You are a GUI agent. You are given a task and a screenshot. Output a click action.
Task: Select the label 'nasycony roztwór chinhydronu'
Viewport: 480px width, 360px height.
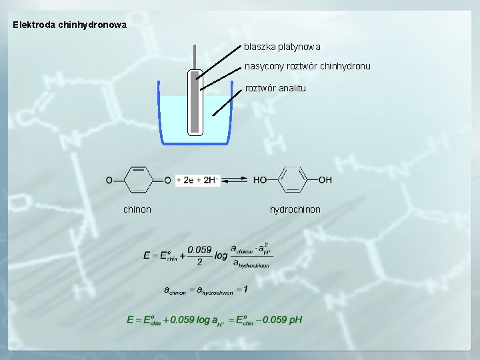(307, 66)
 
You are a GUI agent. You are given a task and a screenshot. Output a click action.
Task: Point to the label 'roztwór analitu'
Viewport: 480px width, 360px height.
(276, 88)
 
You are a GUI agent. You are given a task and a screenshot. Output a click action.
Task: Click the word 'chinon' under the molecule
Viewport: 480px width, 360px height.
(137, 209)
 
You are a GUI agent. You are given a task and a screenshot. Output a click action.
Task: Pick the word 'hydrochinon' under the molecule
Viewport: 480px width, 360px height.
(295, 209)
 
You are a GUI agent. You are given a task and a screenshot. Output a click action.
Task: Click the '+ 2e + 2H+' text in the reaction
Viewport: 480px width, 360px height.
(197, 180)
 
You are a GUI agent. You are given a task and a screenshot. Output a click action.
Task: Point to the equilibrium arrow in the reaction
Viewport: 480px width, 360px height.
(236, 180)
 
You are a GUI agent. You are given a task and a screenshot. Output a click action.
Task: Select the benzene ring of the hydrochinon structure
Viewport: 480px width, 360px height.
(292, 180)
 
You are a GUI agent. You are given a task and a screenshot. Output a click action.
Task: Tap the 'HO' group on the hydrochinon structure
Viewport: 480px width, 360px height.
(260, 180)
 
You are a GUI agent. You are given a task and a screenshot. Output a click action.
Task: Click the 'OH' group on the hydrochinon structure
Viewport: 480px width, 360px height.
(325, 180)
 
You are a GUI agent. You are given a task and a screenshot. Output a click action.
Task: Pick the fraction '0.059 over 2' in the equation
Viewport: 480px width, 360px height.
(199, 255)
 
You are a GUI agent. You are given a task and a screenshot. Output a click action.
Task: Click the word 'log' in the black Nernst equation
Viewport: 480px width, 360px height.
(221, 255)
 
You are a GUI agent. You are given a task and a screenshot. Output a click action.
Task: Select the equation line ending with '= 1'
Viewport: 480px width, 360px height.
(206, 290)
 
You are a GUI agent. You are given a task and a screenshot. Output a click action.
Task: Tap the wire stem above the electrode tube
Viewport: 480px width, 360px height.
(195, 56)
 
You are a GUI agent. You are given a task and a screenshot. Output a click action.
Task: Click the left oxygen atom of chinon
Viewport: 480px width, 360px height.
(109, 180)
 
